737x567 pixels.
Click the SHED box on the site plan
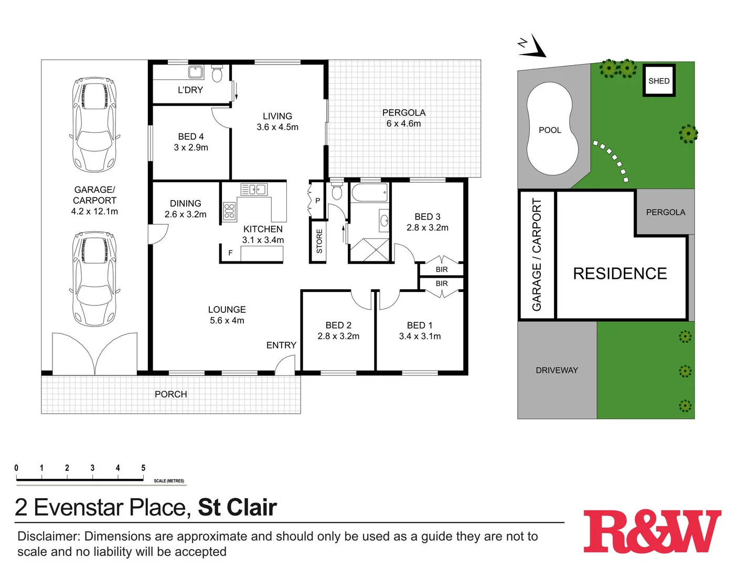coord(659,81)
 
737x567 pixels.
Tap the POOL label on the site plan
coord(550,130)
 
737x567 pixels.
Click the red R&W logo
coord(652,531)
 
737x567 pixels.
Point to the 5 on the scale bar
coord(143,468)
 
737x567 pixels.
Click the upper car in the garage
coord(94,124)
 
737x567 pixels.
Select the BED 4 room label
coord(191,137)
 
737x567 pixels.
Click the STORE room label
coord(319,241)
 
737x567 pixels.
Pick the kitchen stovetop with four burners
coord(229,211)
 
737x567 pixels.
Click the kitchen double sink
coord(254,190)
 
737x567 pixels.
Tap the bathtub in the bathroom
coord(369,193)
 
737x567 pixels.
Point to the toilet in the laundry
coord(217,73)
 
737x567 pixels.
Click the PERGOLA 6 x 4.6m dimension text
coord(403,124)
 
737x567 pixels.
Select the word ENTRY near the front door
coord(281,345)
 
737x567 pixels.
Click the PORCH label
coord(170,394)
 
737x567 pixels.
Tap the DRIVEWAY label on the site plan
coord(557,370)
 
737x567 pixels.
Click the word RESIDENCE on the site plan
coord(619,274)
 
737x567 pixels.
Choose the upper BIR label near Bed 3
coord(442,269)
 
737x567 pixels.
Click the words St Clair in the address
coord(237,507)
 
